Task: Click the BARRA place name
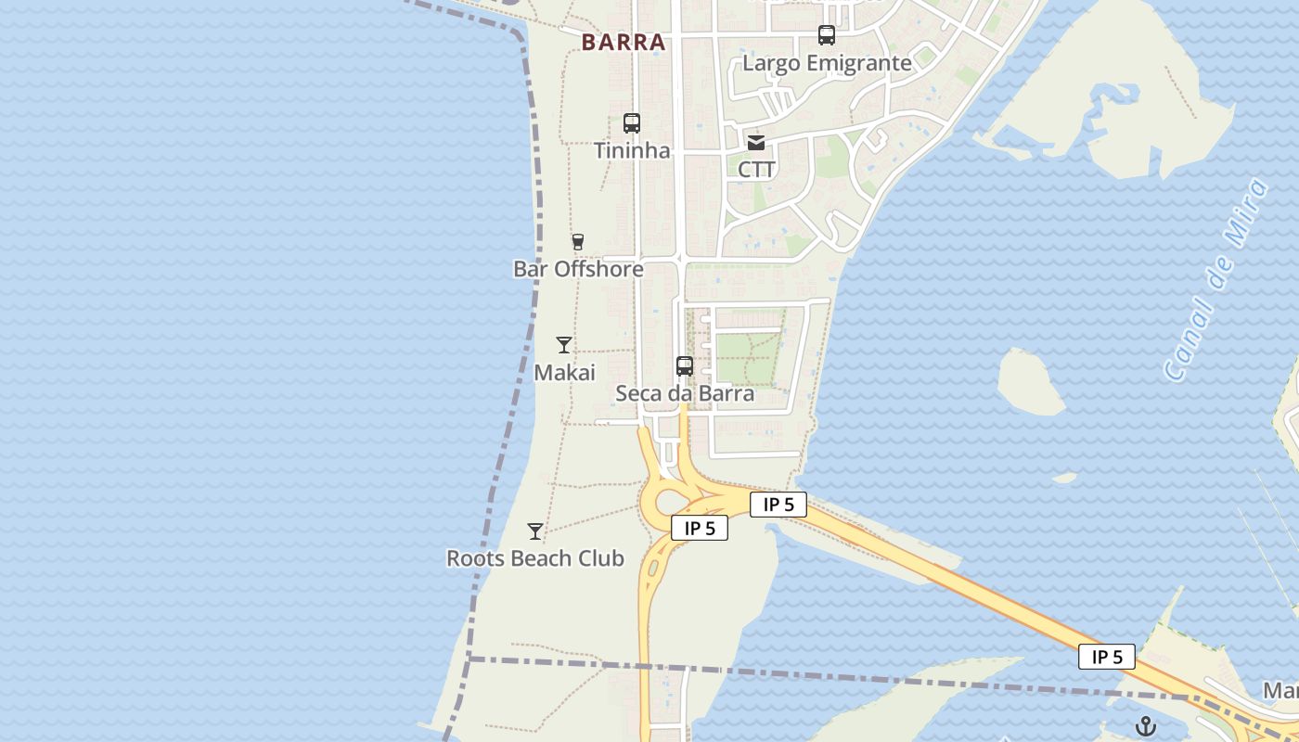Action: pos(624,43)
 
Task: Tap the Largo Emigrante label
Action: pos(827,63)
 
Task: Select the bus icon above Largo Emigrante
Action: pos(827,36)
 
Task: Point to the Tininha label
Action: pos(632,150)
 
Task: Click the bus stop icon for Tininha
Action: pos(632,123)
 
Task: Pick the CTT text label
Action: pos(756,170)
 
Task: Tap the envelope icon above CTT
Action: pos(756,143)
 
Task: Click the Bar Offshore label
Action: pos(578,269)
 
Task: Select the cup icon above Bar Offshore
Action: pos(578,242)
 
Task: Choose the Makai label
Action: pos(564,372)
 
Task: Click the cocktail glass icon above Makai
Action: pos(564,345)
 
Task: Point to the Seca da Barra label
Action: pos(685,393)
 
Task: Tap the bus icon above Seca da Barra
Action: pos(685,366)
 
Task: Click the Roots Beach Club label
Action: pos(535,558)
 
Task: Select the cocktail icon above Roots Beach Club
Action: pos(535,531)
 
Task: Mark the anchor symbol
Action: pos(1146,726)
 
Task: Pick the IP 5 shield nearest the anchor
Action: pos(1106,657)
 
